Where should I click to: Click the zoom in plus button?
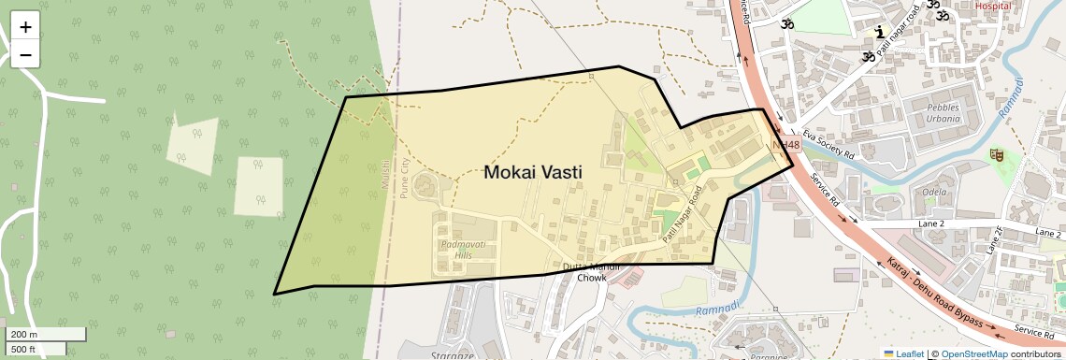pyautogui.click(x=25, y=26)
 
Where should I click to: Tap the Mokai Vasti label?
pyautogui.click(x=533, y=173)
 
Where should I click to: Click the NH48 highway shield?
pyautogui.click(x=787, y=145)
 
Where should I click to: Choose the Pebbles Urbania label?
pyautogui.click(x=943, y=113)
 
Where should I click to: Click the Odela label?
pyautogui.click(x=934, y=192)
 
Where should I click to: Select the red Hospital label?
pyautogui.click(x=993, y=5)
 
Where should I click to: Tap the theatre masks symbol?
pyautogui.click(x=997, y=154)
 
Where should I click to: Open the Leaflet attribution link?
pyautogui.click(x=903, y=353)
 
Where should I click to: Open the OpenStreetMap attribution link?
pyautogui.click(x=973, y=353)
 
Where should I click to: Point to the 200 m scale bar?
pyautogui.click(x=46, y=335)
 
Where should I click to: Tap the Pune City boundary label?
pyautogui.click(x=404, y=178)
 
